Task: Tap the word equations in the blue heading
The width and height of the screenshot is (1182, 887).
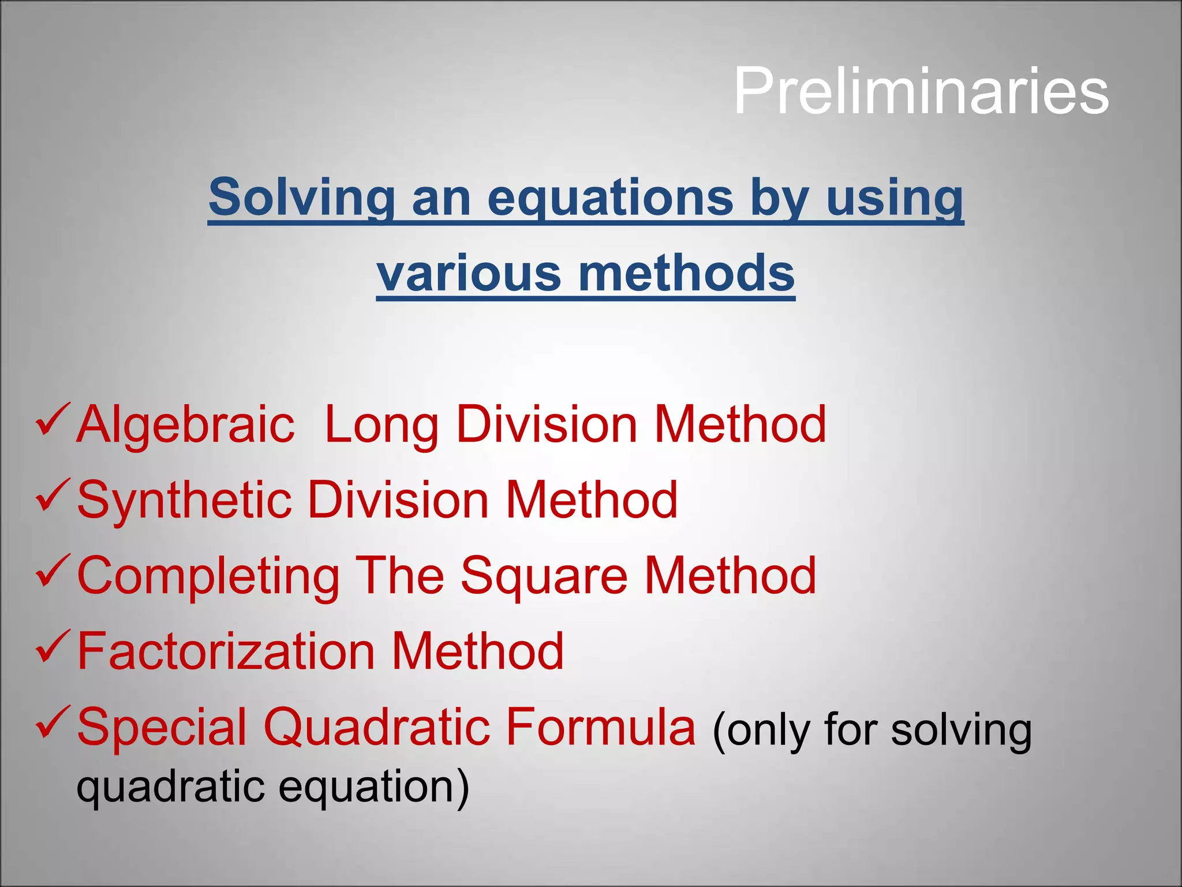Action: pyautogui.click(x=610, y=199)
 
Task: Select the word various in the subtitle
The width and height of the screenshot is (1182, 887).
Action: pyautogui.click(x=468, y=273)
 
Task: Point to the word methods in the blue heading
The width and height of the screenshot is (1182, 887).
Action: pyautogui.click(x=686, y=273)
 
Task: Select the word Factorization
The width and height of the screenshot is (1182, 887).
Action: pyautogui.click(x=226, y=651)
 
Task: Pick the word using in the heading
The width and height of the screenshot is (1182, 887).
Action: pyautogui.click(x=895, y=199)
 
